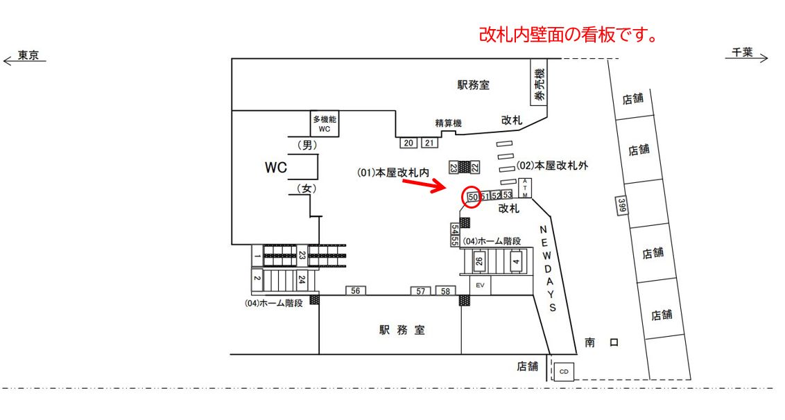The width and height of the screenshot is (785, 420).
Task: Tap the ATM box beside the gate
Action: (x=525, y=189)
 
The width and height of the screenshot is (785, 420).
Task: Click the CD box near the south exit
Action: (x=564, y=371)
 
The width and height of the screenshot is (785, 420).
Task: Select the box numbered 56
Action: (x=355, y=291)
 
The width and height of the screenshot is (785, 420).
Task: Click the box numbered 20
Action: (x=408, y=143)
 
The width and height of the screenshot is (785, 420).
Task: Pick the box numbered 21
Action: (x=429, y=143)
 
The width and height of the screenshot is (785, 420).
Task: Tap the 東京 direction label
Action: (x=28, y=57)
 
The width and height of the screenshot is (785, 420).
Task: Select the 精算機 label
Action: (x=448, y=123)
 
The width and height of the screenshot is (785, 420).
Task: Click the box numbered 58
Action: (x=445, y=291)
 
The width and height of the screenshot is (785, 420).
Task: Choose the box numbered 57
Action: (x=421, y=291)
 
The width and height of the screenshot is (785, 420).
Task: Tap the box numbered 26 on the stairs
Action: (x=478, y=262)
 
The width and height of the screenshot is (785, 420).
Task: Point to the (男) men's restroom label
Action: (x=306, y=145)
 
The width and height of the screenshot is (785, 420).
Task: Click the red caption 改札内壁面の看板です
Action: (x=568, y=35)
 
